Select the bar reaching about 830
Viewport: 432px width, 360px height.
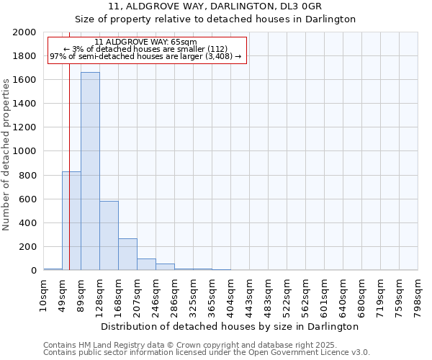point(71,220)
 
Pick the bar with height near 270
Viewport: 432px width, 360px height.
point(127,254)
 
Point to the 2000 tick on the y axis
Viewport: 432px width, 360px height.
point(26,32)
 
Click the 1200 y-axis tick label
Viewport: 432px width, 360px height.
point(26,127)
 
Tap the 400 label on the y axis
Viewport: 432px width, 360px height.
point(29,223)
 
